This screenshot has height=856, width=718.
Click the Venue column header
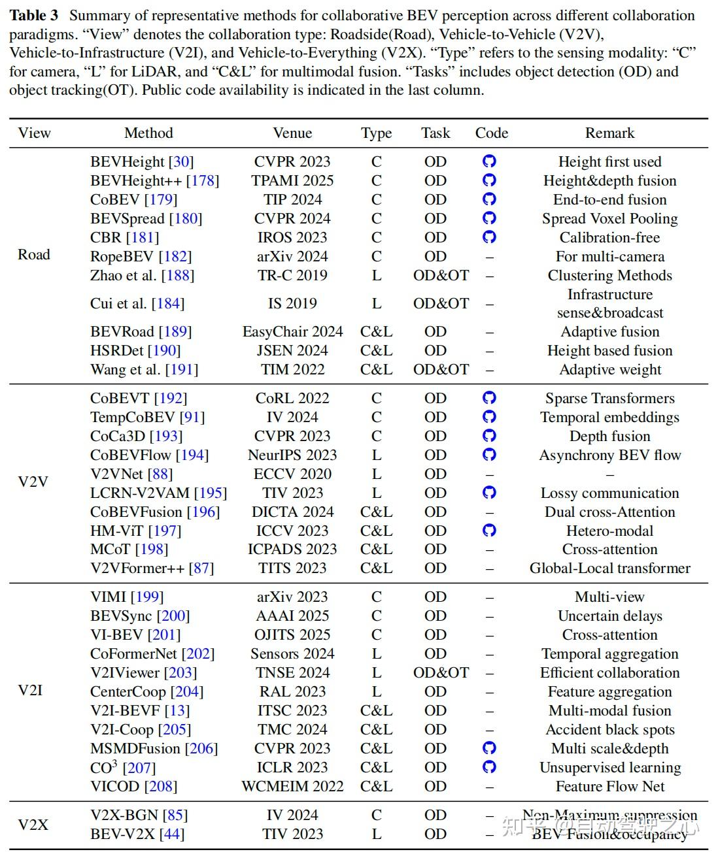pos(292,133)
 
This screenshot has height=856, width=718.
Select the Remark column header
pos(609,133)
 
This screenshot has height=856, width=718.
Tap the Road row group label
pos(34,255)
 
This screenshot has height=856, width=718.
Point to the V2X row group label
pos(33,825)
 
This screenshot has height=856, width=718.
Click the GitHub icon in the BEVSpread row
pos(489,218)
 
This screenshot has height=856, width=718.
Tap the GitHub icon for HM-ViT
pos(489,531)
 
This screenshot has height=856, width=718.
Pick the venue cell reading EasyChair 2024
pos(292,332)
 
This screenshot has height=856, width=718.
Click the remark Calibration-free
pos(609,238)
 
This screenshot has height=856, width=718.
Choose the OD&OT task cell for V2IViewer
pos(441,673)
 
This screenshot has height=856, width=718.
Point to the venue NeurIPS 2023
pos(292,455)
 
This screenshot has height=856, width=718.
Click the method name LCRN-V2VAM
pos(140,493)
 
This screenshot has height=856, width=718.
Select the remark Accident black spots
pos(609,730)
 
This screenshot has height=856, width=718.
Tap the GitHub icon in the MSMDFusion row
pos(489,748)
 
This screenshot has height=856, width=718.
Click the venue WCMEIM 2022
pos(292,787)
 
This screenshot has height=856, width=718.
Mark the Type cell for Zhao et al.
pos(376,276)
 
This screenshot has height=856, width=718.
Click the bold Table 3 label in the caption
pos(34,16)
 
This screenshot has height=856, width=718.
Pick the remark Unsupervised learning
pos(609,768)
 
